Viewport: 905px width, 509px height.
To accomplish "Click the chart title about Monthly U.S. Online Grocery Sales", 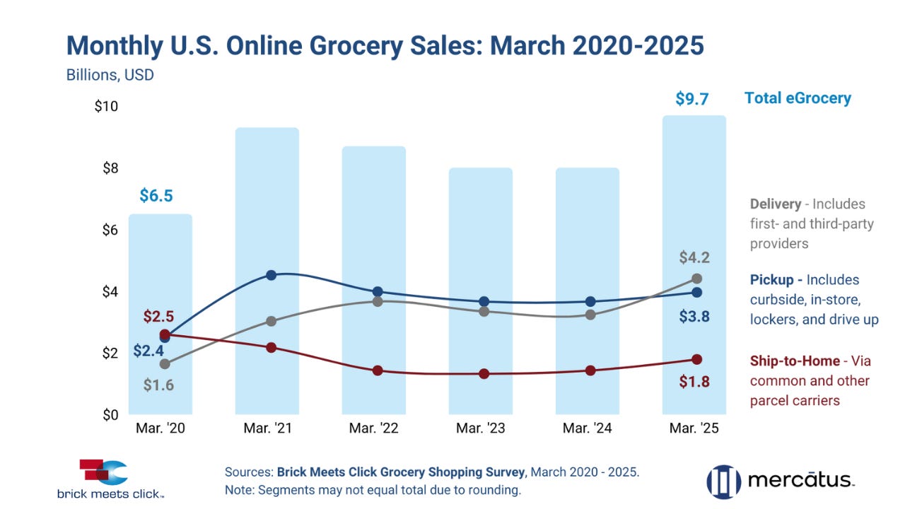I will click(x=385, y=45).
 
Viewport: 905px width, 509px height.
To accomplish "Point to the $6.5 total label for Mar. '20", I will click(x=156, y=195).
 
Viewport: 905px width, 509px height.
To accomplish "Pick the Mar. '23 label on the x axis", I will click(x=480, y=428).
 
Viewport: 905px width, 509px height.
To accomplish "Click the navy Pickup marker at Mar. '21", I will click(x=271, y=275).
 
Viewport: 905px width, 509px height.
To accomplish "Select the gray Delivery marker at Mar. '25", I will click(x=696, y=279).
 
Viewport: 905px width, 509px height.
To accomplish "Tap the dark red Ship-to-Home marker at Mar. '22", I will click(x=378, y=370).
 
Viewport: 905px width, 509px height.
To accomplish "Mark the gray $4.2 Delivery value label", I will click(x=694, y=257).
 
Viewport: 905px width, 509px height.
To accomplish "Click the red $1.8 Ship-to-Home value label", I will click(x=694, y=382).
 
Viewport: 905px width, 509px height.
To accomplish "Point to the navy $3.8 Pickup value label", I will click(x=694, y=317).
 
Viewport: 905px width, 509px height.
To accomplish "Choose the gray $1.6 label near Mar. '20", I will click(x=159, y=385).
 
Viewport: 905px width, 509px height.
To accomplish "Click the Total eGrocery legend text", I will click(x=798, y=98).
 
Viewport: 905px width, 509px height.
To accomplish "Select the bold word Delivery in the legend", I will click(x=776, y=204).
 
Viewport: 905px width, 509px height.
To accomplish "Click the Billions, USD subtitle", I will click(x=110, y=74).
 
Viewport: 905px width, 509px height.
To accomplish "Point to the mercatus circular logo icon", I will click(x=723, y=481).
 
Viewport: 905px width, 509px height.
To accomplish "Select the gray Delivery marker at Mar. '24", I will click(x=590, y=315).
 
